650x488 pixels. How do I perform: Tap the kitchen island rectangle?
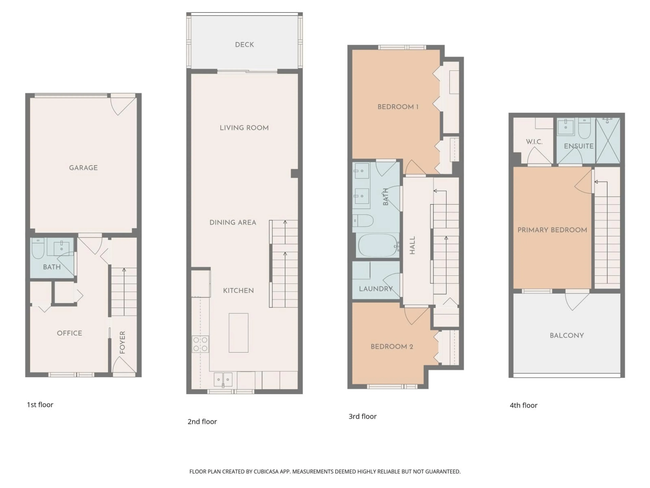[x=238, y=333]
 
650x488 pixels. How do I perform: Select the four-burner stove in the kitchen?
[x=200, y=344]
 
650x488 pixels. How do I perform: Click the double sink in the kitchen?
[x=223, y=379]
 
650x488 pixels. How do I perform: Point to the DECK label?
[x=244, y=45]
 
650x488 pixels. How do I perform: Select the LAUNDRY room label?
[x=376, y=289]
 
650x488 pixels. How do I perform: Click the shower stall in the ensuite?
[x=608, y=141]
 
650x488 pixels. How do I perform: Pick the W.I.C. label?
[x=534, y=142]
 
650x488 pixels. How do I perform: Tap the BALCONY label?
[x=567, y=335]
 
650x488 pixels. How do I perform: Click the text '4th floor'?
[x=523, y=405]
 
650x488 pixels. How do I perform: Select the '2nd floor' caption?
[x=202, y=422]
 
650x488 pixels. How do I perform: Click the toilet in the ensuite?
[x=584, y=129]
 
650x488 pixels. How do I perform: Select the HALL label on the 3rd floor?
[x=412, y=245]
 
